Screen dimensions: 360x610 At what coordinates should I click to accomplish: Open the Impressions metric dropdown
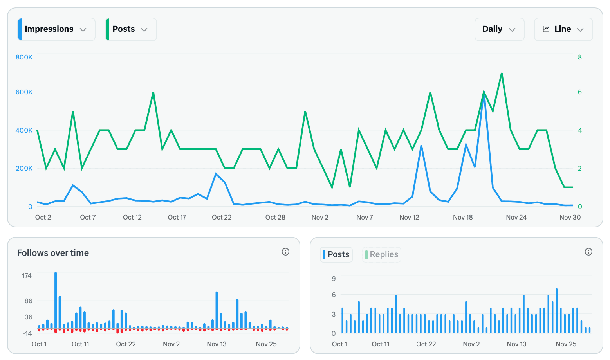click(x=56, y=29)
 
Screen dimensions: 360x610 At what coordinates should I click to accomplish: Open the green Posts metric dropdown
click(x=131, y=29)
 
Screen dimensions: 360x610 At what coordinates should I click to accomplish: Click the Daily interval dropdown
click(x=499, y=29)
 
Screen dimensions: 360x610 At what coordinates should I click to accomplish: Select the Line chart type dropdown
click(x=563, y=29)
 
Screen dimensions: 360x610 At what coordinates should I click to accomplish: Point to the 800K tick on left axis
click(x=24, y=57)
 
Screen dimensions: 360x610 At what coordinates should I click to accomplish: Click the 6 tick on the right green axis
click(x=579, y=92)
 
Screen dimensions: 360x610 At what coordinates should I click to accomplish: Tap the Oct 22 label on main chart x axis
click(x=222, y=217)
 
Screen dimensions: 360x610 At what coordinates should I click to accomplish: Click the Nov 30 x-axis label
click(x=570, y=217)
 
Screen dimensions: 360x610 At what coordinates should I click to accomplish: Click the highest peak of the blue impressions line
click(x=484, y=94)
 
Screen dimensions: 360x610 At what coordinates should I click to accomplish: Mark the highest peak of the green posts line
click(x=502, y=73)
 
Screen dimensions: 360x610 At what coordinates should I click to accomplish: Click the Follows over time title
click(x=53, y=253)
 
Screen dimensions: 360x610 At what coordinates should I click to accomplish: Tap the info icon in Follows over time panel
click(x=285, y=252)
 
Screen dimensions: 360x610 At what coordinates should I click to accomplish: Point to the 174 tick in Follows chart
click(x=27, y=275)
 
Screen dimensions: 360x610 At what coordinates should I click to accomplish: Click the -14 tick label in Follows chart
click(x=27, y=333)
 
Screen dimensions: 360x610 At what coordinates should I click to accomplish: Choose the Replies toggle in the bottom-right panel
click(x=382, y=255)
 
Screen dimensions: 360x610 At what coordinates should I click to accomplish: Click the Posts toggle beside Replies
click(x=336, y=255)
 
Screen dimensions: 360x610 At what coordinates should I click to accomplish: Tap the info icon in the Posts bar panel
click(x=588, y=252)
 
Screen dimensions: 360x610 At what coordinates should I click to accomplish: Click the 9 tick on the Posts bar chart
click(x=334, y=279)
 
